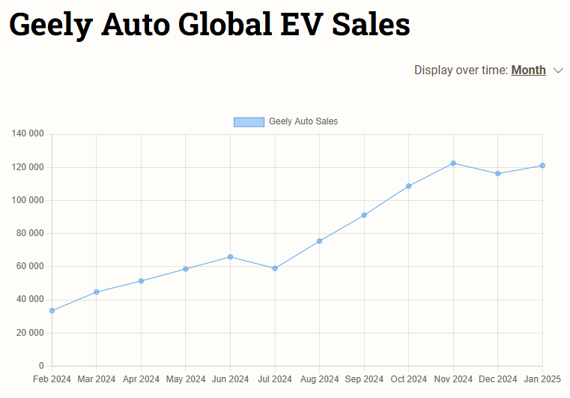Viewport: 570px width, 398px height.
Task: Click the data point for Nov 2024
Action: [x=453, y=163]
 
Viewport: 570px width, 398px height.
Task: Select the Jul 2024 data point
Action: [x=275, y=268]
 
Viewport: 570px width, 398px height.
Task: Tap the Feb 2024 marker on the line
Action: [x=52, y=310]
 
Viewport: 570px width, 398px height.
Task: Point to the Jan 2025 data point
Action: [x=542, y=166]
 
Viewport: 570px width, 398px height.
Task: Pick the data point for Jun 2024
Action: [x=230, y=257]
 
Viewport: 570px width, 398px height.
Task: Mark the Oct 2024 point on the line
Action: [x=409, y=186]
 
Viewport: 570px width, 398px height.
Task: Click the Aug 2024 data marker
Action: [x=319, y=241]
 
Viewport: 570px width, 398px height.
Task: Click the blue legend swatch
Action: [x=249, y=121]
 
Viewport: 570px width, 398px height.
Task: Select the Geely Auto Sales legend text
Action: [x=303, y=121]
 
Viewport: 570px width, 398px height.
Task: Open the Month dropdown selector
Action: [x=528, y=70]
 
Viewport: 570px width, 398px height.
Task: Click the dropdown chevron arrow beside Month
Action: [x=558, y=70]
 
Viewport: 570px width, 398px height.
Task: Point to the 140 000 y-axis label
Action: [x=28, y=134]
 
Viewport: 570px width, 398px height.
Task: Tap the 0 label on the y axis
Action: [x=42, y=366]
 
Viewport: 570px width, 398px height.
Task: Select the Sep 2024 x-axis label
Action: [x=364, y=379]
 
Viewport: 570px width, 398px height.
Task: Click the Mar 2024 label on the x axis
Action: [x=97, y=379]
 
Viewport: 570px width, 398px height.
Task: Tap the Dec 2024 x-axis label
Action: [x=497, y=379]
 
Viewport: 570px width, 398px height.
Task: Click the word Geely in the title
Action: [x=51, y=25]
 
